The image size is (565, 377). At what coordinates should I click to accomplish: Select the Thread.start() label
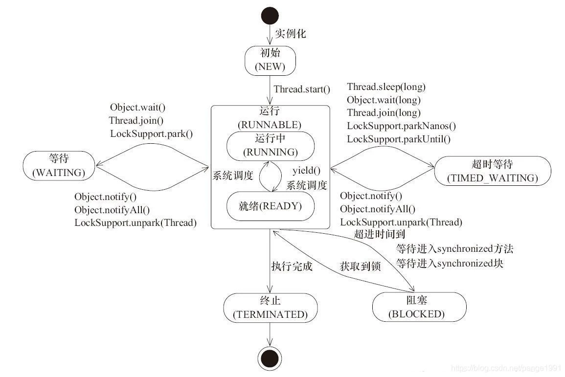point(302,89)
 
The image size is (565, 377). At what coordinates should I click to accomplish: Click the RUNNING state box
point(270,146)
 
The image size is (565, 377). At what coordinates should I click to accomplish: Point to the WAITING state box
point(58,165)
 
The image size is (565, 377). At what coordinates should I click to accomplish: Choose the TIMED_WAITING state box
point(492,171)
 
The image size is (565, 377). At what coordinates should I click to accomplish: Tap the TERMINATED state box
point(270,308)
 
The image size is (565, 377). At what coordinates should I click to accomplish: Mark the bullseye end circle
point(270,360)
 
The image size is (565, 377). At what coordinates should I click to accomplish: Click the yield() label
point(306,171)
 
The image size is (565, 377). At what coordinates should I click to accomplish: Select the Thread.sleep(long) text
point(386,88)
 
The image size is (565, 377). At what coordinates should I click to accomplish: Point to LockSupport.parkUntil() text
point(398,139)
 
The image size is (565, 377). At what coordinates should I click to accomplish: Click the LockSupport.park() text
point(151,133)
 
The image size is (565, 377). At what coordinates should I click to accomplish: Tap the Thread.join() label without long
point(136,120)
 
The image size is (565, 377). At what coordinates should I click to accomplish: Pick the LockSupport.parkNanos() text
point(401,126)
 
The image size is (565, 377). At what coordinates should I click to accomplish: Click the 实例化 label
point(290,34)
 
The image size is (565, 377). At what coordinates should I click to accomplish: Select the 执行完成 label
point(292,267)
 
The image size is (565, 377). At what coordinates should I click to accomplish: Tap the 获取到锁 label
point(360,267)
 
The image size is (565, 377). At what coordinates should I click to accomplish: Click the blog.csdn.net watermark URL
point(506,368)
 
